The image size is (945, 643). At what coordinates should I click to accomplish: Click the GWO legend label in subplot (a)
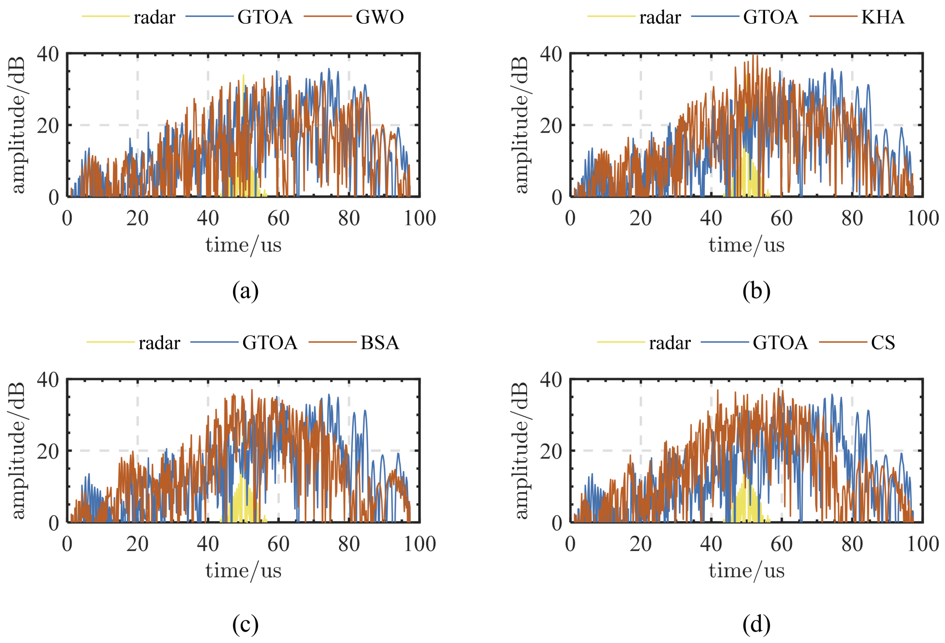(380, 17)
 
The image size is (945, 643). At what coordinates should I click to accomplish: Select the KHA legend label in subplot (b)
(883, 17)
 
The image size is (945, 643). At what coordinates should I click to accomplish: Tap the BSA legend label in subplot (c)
(380, 343)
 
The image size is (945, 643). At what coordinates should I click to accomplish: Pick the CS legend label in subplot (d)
(883, 343)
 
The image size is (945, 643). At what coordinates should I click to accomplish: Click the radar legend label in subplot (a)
(154, 17)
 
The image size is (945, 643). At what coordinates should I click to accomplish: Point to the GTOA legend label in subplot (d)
(780, 343)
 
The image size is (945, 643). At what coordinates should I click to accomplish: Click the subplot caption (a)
(245, 291)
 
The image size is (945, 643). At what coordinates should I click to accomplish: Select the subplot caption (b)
(756, 291)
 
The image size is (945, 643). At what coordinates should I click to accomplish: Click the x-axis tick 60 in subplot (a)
(278, 219)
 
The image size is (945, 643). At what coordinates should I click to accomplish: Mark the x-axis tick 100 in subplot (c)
(420, 544)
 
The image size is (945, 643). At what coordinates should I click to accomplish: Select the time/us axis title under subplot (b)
(746, 245)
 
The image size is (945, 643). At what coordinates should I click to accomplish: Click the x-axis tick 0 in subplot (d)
(570, 544)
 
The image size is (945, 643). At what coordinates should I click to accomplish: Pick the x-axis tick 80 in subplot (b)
(852, 219)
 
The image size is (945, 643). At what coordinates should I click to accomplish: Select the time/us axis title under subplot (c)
(243, 571)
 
